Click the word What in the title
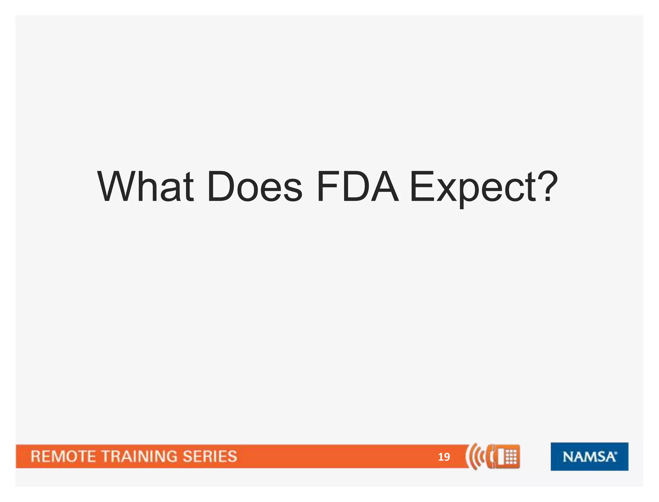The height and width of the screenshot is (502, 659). point(145,187)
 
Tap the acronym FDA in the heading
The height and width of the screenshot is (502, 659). point(357,187)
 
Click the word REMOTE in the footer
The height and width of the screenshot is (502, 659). point(63,457)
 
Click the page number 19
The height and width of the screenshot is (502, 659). point(444,457)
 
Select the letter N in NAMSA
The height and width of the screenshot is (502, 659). point(568,457)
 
